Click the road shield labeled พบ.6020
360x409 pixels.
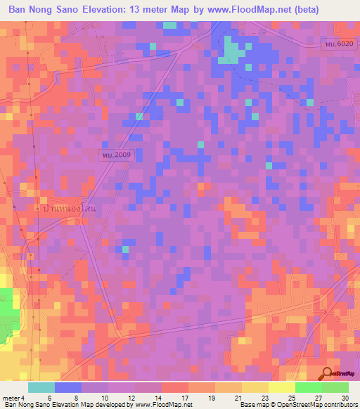[x=339, y=44]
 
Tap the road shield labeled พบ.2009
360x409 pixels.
[x=115, y=154]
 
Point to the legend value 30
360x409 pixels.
[x=345, y=397]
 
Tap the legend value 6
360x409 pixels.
[x=48, y=397]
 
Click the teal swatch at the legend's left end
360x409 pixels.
[x=41, y=387]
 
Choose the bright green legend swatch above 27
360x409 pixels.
[x=309, y=387]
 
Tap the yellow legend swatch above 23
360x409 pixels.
[x=255, y=387]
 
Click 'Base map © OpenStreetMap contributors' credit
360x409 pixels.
[x=299, y=405]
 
